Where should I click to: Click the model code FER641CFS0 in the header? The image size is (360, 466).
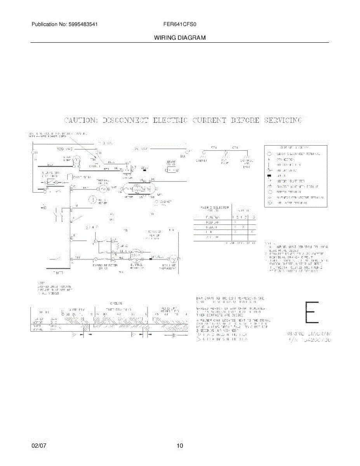point(180,24)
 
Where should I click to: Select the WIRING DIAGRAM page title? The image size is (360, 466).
point(180,38)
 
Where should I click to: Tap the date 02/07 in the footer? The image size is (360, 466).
point(39,446)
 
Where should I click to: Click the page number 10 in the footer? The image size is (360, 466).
point(180,446)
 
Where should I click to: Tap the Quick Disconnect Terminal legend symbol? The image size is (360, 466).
point(269,154)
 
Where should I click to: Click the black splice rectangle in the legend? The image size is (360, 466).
point(269,176)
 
